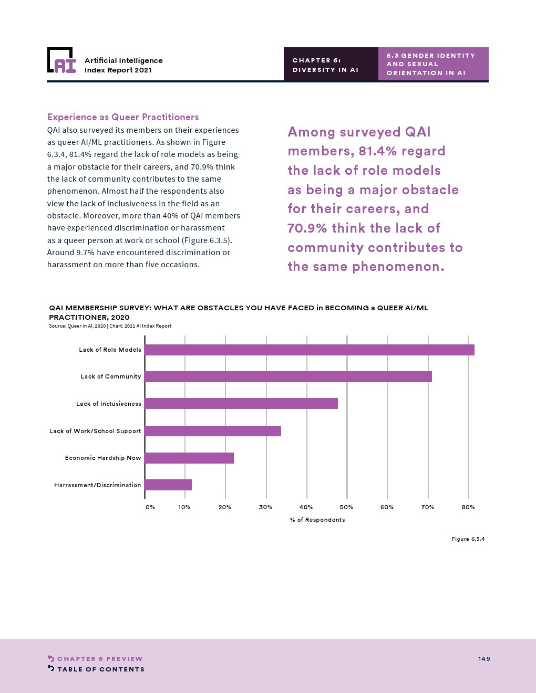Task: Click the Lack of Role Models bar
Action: pyautogui.click(x=310, y=350)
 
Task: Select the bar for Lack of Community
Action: pyautogui.click(x=288, y=376)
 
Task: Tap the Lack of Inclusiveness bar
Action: pyautogui.click(x=241, y=404)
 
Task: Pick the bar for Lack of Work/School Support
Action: pyautogui.click(x=213, y=431)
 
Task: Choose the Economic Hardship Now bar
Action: pyautogui.click(x=189, y=458)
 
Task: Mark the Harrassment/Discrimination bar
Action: pyautogui.click(x=168, y=485)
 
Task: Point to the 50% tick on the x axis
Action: pyautogui.click(x=346, y=507)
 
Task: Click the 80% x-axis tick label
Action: pyautogui.click(x=468, y=507)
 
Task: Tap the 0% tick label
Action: pyautogui.click(x=150, y=507)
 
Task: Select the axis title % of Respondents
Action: pyautogui.click(x=317, y=520)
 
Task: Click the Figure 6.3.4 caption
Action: pyautogui.click(x=468, y=539)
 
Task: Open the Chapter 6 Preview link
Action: pyautogui.click(x=99, y=659)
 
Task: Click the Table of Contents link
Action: pyautogui.click(x=100, y=669)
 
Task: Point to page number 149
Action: pyautogui.click(x=484, y=659)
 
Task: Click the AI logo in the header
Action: pyautogui.click(x=61, y=61)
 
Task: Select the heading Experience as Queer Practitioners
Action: pyautogui.click(x=123, y=117)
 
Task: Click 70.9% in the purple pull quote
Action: pyautogui.click(x=307, y=228)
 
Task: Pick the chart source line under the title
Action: pyautogui.click(x=110, y=326)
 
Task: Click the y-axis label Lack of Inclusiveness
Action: pyautogui.click(x=109, y=404)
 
